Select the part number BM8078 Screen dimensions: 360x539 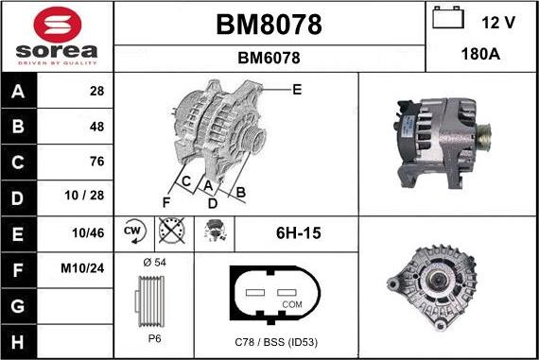tap(269, 25)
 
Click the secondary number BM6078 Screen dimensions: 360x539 tap(269, 58)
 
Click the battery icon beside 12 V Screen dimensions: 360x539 tap(447, 19)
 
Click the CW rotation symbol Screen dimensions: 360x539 tap(132, 231)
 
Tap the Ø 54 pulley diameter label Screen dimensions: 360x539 tap(153, 261)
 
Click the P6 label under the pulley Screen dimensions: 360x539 tap(153, 338)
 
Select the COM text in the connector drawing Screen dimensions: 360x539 tap(293, 304)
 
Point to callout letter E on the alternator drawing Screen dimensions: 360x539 tap(297, 90)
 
